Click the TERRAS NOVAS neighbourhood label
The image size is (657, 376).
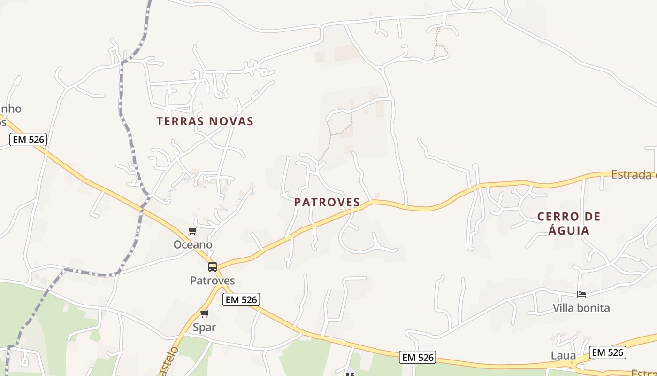pyautogui.click(x=205, y=121)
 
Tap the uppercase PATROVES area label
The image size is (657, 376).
pyautogui.click(x=327, y=202)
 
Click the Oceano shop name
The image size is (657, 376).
pyautogui.click(x=193, y=244)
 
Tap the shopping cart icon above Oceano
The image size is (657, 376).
pyautogui.click(x=192, y=231)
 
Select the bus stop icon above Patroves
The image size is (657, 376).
pyautogui.click(x=213, y=267)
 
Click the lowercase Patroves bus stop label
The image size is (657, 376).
pyautogui.click(x=212, y=281)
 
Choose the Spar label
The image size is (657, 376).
pyautogui.click(x=204, y=327)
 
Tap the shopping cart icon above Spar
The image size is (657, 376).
pyautogui.click(x=204, y=313)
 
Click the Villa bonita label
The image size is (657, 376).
pyautogui.click(x=581, y=308)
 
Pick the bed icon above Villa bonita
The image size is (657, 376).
pyautogui.click(x=581, y=295)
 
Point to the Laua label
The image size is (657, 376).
pyautogui.click(x=563, y=355)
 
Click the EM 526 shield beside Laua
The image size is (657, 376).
pyautogui.click(x=608, y=352)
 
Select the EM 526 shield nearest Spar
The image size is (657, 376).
pyautogui.click(x=241, y=299)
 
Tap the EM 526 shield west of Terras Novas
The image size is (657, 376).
pyautogui.click(x=28, y=139)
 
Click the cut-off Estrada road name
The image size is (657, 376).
pyautogui.click(x=634, y=175)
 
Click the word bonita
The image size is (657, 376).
pyautogui.click(x=594, y=308)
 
